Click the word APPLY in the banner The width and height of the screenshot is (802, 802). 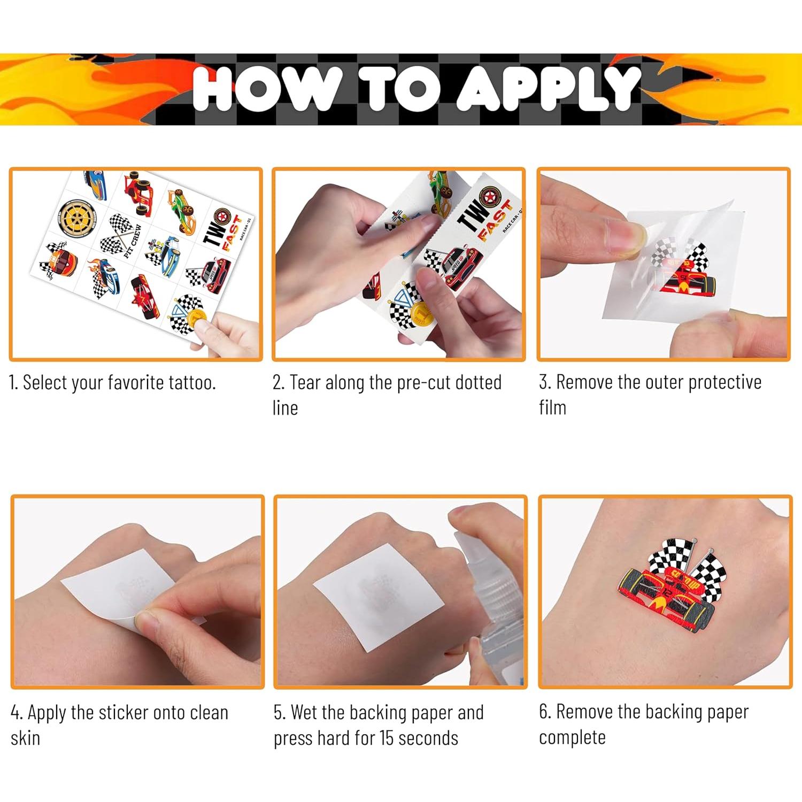(x=548, y=88)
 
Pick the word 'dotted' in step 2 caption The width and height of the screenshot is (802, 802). (x=478, y=383)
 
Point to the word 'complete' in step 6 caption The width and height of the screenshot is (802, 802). (x=572, y=738)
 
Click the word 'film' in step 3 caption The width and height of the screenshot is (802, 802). (x=552, y=407)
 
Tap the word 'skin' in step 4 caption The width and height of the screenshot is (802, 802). (x=25, y=738)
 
